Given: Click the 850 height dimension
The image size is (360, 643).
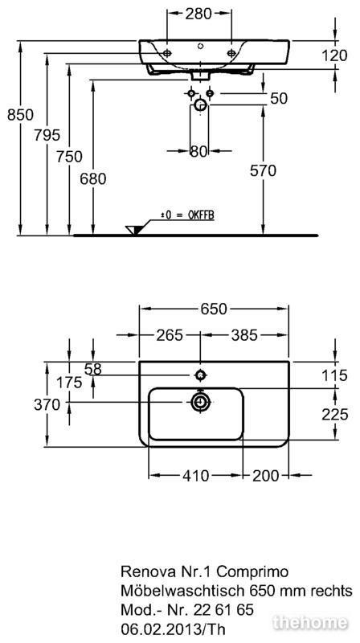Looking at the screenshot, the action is pos(21,115).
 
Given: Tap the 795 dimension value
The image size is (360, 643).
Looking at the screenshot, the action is pos(47,134).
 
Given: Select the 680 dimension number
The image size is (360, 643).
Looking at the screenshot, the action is pos(93,178).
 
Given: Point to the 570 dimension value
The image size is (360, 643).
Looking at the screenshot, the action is pos(264,170).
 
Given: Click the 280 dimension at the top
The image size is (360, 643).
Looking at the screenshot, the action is pos(198,14).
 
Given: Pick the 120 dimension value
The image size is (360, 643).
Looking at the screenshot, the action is pos(334,55).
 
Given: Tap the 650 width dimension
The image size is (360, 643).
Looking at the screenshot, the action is pos(213,309).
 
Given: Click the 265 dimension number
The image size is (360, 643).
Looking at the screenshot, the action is pos(170,335).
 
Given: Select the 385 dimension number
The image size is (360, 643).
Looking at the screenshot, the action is pos(244,335).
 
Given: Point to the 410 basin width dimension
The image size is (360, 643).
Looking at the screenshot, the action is pos(196,476).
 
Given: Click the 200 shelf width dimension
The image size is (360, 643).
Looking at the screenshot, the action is pos(266,476).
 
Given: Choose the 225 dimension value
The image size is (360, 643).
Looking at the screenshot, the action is pos(335,415).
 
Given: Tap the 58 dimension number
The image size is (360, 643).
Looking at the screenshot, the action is pos(92,370).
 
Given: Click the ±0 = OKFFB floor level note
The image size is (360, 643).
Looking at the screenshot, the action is pos(188,215).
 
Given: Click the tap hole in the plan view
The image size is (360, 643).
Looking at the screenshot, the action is pos(201,375).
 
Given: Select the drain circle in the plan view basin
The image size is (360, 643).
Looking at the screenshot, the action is pos(201,403).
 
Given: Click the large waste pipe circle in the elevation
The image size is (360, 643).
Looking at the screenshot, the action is pos(201,105).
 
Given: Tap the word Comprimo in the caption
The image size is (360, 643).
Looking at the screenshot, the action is pos(253,571).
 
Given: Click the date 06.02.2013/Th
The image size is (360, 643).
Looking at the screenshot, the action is pos(173,629).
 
